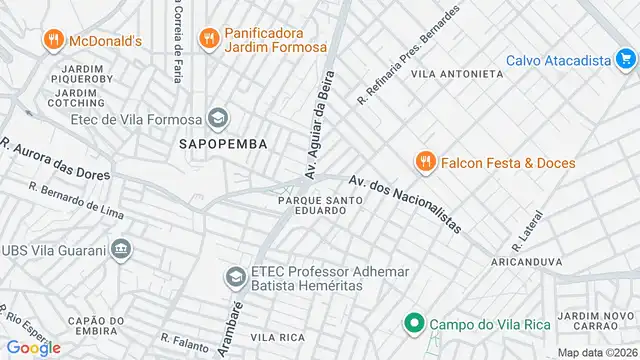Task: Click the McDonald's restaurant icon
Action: tap(52, 41)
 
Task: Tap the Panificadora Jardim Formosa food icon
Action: tap(208, 38)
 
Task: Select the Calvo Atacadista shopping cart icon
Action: tap(625, 60)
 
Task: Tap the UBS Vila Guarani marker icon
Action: tap(121, 248)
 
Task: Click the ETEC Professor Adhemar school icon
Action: tap(235, 276)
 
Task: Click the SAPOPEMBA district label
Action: tap(223, 144)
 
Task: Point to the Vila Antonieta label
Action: tap(457, 73)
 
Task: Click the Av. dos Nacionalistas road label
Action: tap(405, 204)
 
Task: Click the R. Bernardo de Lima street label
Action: tap(76, 199)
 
